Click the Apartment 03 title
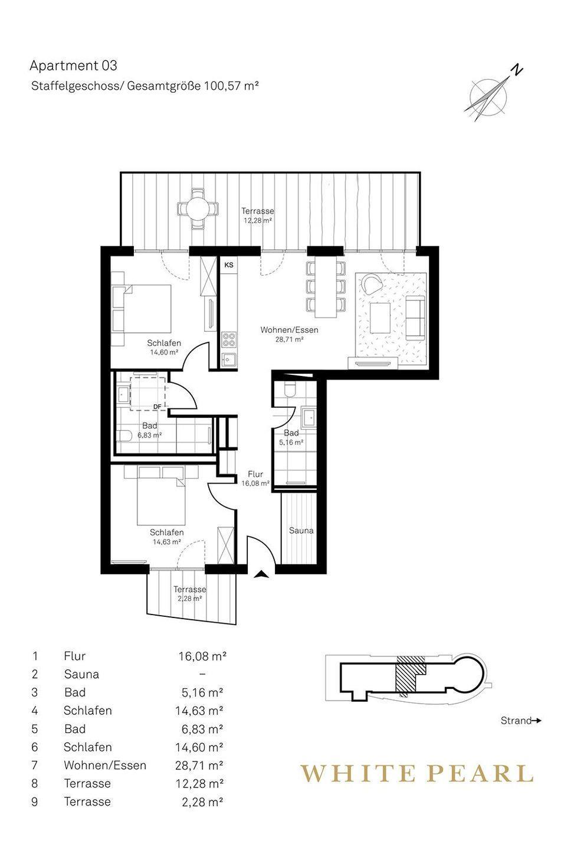tap(74, 66)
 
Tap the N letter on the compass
tap(517, 70)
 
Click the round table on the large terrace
tap(198, 209)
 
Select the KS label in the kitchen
tap(229, 265)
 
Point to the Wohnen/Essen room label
tap(289, 330)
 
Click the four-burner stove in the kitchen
tap(229, 339)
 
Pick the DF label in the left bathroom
tap(158, 406)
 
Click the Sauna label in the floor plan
tap(301, 530)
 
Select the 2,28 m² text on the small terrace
tap(189, 599)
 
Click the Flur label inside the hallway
tap(255, 474)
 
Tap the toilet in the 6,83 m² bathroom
tap(124, 436)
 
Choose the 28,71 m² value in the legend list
tap(199, 765)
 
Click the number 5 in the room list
tap(35, 728)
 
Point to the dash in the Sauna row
tap(202, 674)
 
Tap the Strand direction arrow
tap(536, 721)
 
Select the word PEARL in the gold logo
tap(480, 774)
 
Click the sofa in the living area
tap(416, 318)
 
